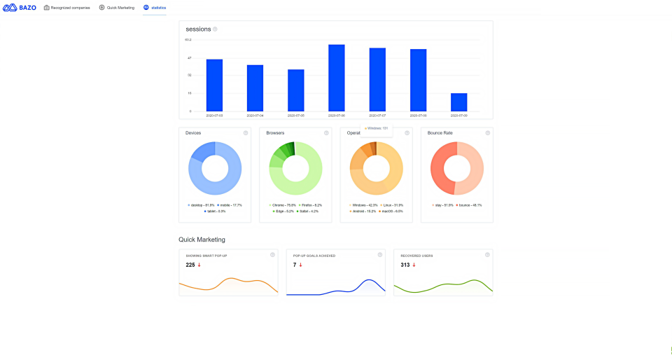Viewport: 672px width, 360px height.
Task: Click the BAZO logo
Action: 20,8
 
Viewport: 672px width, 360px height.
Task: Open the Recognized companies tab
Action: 66,8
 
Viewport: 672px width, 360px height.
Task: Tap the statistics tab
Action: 155,8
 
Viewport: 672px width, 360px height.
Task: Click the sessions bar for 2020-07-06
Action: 336,78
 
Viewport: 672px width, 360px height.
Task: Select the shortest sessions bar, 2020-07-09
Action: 458,102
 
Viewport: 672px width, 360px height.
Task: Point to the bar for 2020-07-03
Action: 214,85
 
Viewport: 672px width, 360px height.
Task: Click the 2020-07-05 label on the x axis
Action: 295,116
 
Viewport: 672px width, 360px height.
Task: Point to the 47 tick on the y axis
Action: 188,57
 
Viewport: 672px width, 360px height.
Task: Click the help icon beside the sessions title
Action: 215,29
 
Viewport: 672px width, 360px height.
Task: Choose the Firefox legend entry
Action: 310,205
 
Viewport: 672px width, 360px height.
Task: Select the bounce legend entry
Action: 470,205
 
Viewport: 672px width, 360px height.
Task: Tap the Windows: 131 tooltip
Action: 376,128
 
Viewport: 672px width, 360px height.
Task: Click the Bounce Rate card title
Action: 440,133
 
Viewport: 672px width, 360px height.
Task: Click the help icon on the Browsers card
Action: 326,133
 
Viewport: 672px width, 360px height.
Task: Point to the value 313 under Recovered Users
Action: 405,265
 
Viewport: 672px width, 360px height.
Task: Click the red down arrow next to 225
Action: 199,265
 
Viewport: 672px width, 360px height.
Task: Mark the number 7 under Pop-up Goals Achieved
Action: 295,265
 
